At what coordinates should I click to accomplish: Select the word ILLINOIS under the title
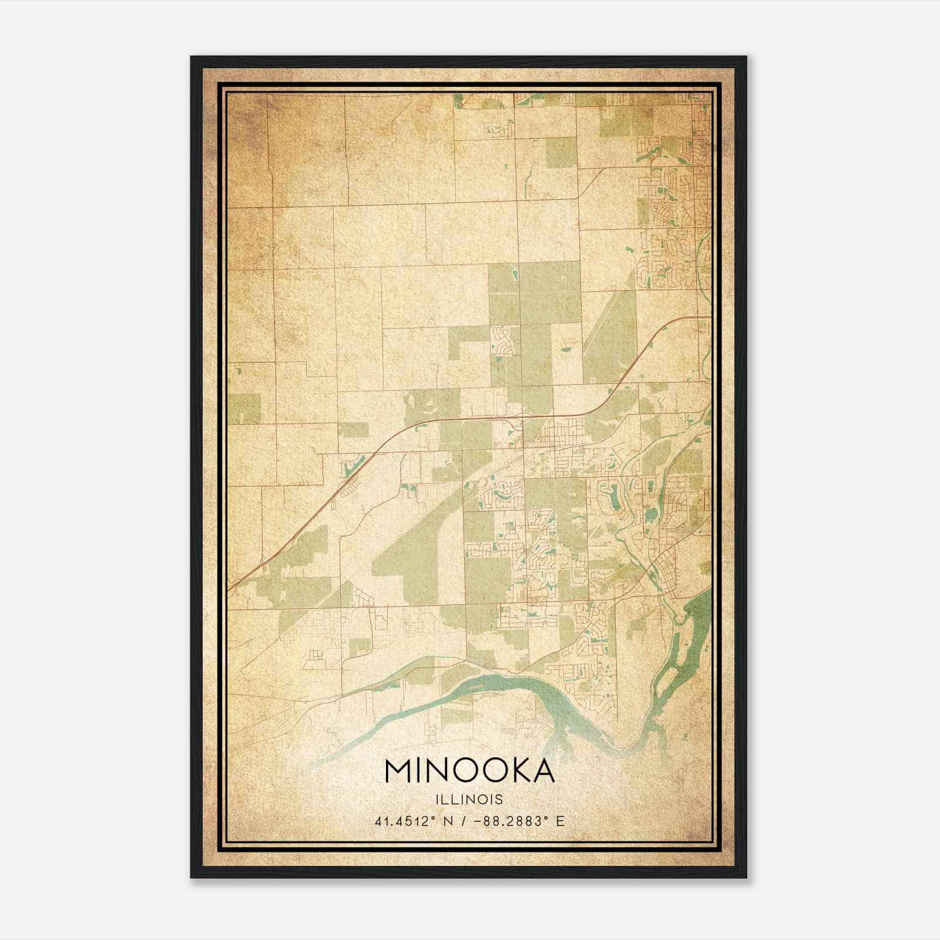click(469, 800)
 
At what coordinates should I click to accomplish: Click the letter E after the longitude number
click(560, 821)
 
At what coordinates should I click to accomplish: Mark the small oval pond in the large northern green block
click(515, 274)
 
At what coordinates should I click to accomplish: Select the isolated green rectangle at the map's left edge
click(244, 408)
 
